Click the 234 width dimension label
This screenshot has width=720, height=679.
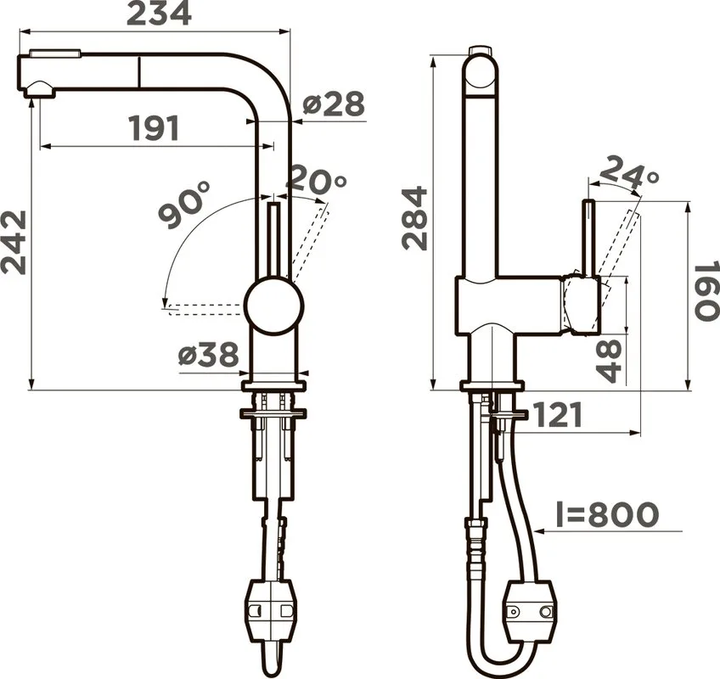tap(159, 14)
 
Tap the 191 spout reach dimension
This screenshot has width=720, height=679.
tap(155, 128)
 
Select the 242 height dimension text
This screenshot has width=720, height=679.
tap(14, 243)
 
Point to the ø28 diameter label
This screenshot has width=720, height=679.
tap(334, 104)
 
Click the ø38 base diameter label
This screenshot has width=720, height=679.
tap(209, 355)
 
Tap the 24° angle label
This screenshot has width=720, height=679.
tap(629, 172)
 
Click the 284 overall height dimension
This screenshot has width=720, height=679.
tap(414, 218)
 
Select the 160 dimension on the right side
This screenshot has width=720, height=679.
tap(706, 291)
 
